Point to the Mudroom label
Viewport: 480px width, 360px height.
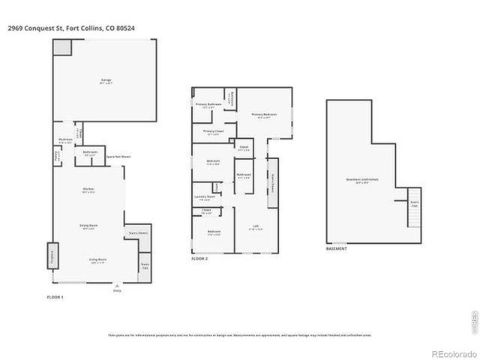point(65,141)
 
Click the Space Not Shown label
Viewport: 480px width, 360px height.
point(116,156)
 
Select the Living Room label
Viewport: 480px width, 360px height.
point(97,260)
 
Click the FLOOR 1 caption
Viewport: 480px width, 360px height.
point(56,298)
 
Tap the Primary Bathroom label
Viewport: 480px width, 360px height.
point(207,105)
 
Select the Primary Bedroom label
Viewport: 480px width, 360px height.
point(267,115)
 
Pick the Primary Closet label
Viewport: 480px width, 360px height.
point(214,132)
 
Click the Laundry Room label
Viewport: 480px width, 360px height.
point(205,198)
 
